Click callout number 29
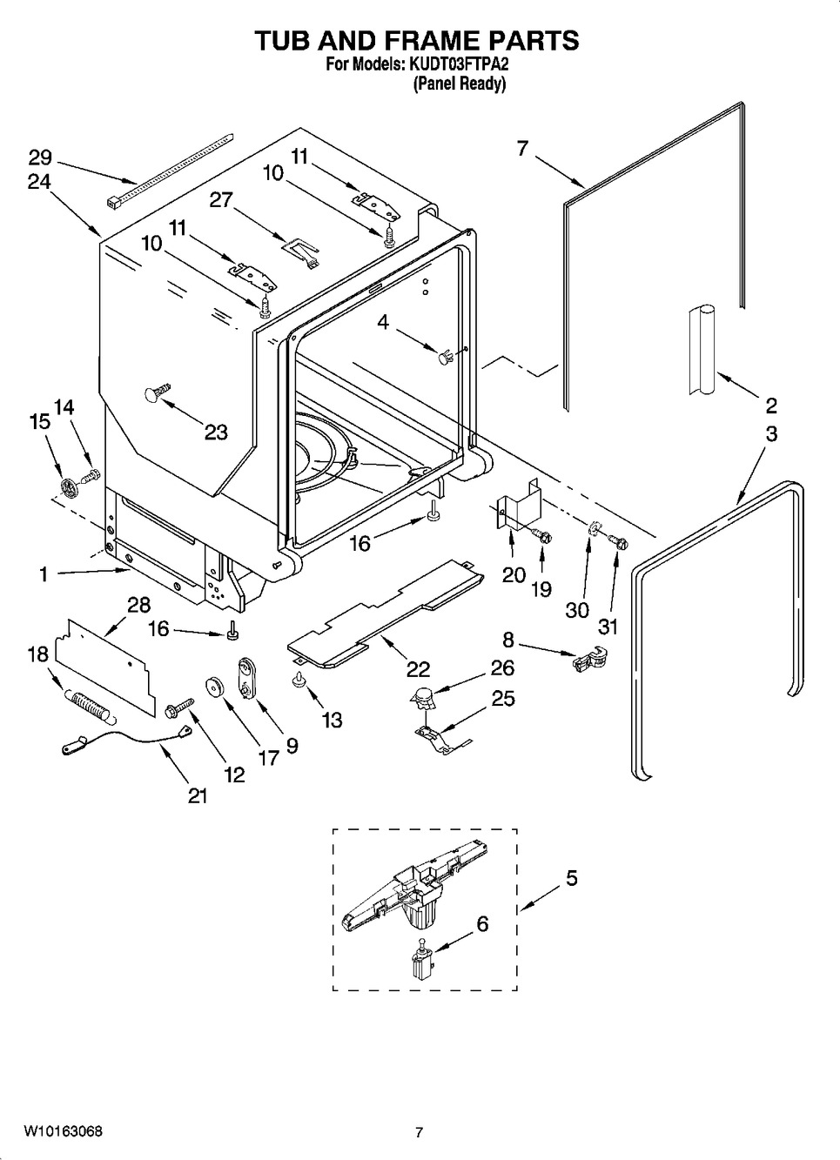[x=40, y=157]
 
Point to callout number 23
[x=216, y=432]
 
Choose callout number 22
[x=419, y=668]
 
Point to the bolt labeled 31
[x=618, y=542]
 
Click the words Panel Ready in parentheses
[x=460, y=83]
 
